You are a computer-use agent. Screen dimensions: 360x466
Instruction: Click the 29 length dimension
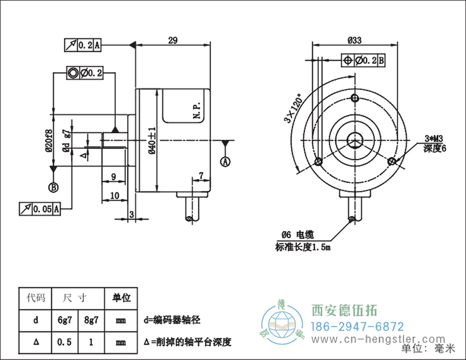pyautogui.click(x=172, y=41)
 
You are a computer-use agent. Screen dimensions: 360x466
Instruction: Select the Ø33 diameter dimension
pyautogui.click(x=355, y=41)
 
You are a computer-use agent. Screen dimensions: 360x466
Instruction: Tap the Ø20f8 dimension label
pyautogui.click(x=49, y=140)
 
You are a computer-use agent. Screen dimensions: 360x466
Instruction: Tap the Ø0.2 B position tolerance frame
pyautogui.click(x=363, y=61)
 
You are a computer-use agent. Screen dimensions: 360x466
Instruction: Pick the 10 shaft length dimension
pyautogui.click(x=114, y=196)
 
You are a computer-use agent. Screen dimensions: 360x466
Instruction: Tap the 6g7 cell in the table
pyautogui.click(x=65, y=320)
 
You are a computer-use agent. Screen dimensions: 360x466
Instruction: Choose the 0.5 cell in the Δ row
pyautogui.click(x=65, y=342)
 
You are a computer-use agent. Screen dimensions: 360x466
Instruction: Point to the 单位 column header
pyautogui.click(x=121, y=297)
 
